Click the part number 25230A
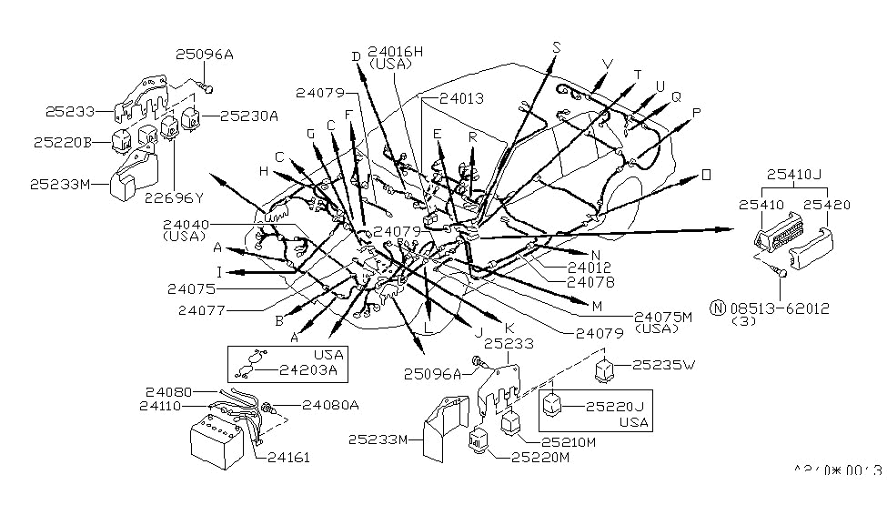point(248,116)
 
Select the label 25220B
point(62,142)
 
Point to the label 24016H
point(396,52)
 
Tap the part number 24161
point(288,457)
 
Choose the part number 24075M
point(665,315)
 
